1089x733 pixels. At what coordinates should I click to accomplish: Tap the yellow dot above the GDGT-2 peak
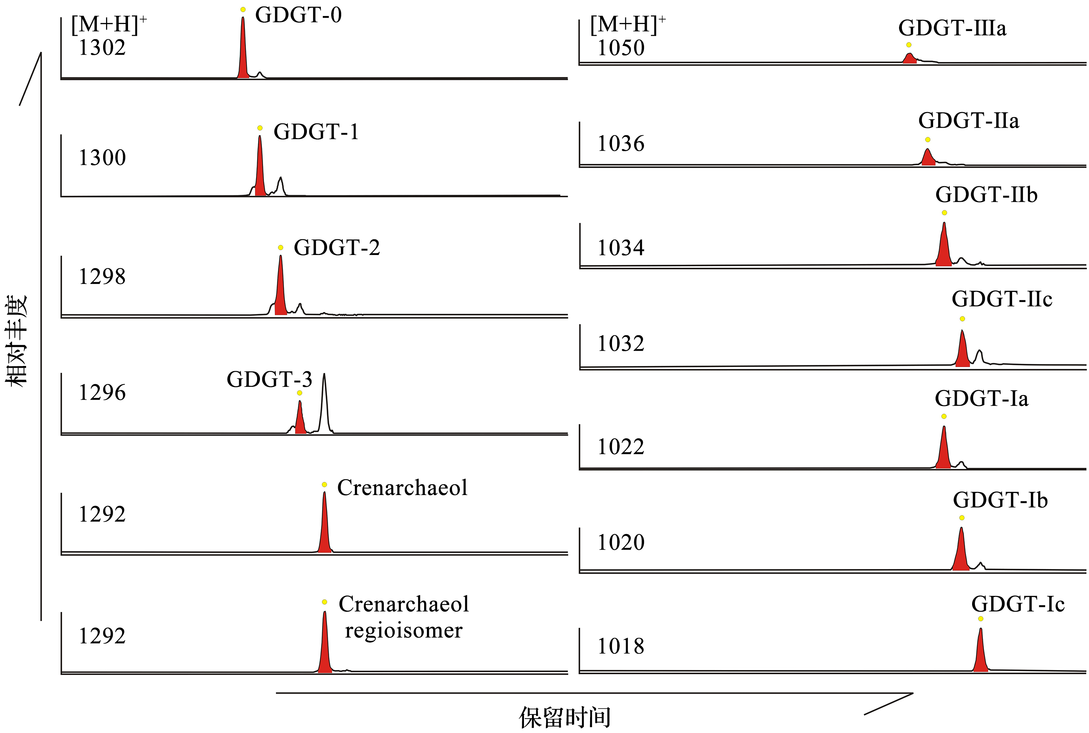click(x=280, y=247)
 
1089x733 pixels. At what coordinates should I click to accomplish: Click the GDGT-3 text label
click(x=269, y=379)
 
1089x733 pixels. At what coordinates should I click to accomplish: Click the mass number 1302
click(x=102, y=48)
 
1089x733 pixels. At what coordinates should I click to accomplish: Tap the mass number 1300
click(x=102, y=158)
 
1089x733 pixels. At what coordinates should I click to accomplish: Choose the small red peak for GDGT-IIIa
click(x=909, y=58)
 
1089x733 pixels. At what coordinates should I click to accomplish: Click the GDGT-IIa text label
click(x=968, y=121)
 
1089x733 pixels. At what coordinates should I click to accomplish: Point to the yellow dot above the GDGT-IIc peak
click(x=962, y=319)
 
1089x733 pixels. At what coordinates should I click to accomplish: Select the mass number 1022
click(x=621, y=447)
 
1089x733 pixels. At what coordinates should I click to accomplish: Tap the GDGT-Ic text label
click(x=1018, y=604)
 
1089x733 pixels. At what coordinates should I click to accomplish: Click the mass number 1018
click(x=621, y=646)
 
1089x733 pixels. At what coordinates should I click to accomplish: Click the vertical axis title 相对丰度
click(x=17, y=340)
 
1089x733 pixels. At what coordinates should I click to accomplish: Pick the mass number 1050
click(x=621, y=48)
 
